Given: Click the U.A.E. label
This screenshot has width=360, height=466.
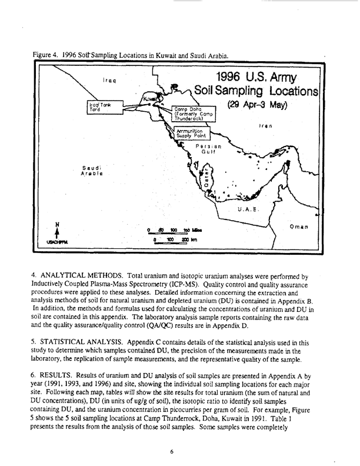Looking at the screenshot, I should (x=249, y=208).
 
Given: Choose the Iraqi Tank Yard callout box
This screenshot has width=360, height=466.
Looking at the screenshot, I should (x=99, y=106).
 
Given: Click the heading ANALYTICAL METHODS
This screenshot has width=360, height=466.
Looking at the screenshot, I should (x=84, y=275).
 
